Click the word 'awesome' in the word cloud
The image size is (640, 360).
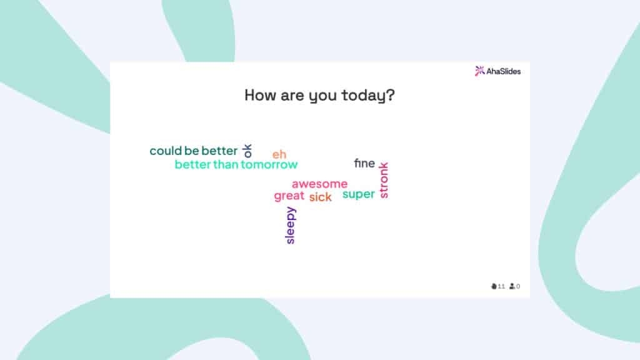319,184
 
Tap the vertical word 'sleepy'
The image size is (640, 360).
290,225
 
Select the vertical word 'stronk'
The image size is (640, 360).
384,180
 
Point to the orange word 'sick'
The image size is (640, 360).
320,197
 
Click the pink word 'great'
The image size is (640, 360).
289,196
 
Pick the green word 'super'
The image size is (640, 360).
359,194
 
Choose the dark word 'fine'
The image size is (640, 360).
364,164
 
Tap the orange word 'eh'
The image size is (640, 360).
279,154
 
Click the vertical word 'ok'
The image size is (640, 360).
247,150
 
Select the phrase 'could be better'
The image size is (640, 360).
194,151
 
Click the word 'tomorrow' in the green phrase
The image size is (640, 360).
269,165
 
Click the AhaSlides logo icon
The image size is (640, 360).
479,71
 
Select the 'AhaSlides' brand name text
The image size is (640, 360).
503,71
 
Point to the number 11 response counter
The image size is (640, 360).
501,287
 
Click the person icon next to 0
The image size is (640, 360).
512,286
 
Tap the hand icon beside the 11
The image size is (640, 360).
494,286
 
